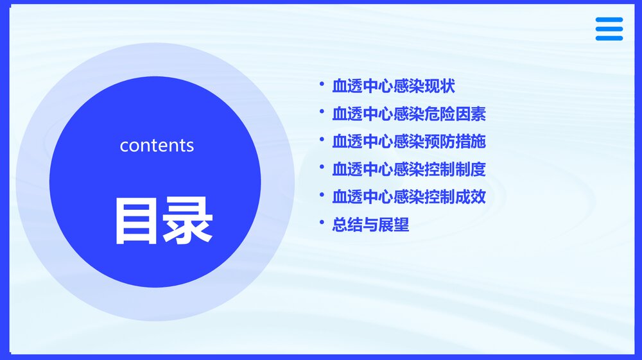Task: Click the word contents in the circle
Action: (157, 145)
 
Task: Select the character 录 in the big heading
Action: (187, 221)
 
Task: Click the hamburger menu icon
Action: (609, 29)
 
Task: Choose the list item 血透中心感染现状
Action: (394, 87)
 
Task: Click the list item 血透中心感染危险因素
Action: (409, 114)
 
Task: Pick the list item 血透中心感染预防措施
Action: (409, 142)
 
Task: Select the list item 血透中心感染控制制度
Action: (409, 169)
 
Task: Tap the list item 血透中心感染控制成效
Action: (409, 197)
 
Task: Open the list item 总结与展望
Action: (370, 225)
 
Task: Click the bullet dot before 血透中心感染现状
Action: (322, 84)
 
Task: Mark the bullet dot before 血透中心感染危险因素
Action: (322, 112)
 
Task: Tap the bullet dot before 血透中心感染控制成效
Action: (322, 194)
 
